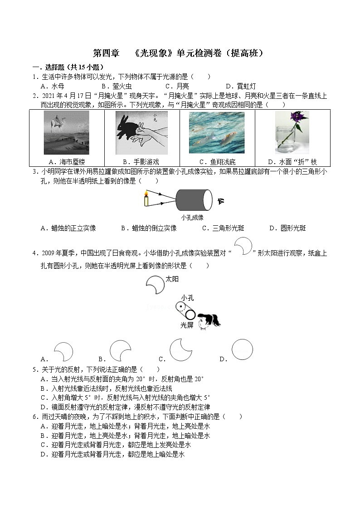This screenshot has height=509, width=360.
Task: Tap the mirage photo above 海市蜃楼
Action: (67, 133)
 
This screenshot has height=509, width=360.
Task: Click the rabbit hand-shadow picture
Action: (141, 133)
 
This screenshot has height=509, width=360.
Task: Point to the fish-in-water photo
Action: (216, 133)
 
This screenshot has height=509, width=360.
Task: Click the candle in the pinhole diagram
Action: (146, 199)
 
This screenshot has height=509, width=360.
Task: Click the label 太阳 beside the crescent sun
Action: (172, 280)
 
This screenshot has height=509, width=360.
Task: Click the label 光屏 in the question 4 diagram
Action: (186, 325)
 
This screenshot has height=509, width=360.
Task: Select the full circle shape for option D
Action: (242, 350)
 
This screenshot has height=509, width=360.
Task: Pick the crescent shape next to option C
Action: (181, 350)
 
